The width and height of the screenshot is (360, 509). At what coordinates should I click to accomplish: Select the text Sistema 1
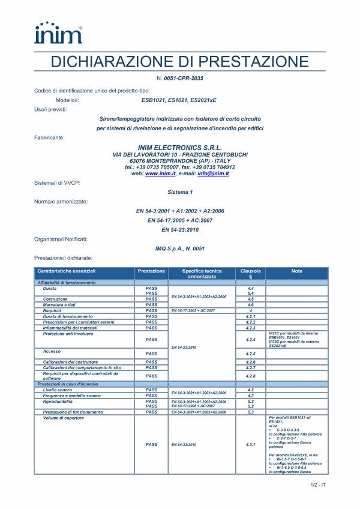(180, 192)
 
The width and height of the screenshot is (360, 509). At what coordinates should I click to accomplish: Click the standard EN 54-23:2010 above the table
(180, 230)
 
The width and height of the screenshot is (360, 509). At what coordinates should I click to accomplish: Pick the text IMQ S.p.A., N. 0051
(180, 248)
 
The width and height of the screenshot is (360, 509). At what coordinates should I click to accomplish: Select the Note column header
(296, 271)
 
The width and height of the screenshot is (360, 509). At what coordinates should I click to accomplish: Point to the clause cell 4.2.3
(251, 328)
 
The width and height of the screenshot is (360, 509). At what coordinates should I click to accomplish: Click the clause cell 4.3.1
(251, 445)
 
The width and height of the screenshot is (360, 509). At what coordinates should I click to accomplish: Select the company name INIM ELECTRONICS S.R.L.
(180, 147)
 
